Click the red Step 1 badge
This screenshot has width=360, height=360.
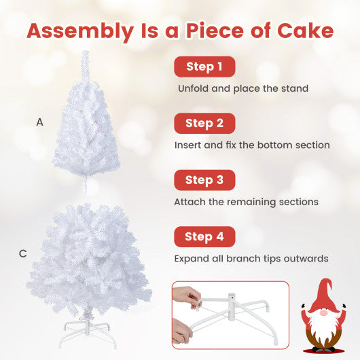pyautogui.click(x=204, y=67)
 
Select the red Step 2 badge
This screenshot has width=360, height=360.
pyautogui.click(x=204, y=124)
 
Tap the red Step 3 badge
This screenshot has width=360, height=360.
pyautogui.click(x=204, y=180)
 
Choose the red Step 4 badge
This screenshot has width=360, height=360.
pyautogui.click(x=204, y=237)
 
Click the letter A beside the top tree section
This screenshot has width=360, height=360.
pyautogui.click(x=40, y=122)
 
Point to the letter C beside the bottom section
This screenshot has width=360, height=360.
pyautogui.click(x=23, y=254)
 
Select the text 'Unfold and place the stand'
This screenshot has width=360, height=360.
pyautogui.click(x=243, y=88)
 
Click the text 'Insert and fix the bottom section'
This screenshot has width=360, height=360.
pyautogui.click(x=252, y=145)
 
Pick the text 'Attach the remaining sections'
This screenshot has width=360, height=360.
pyautogui.click(x=246, y=202)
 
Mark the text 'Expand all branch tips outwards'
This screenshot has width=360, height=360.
pyautogui.click(x=251, y=259)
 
